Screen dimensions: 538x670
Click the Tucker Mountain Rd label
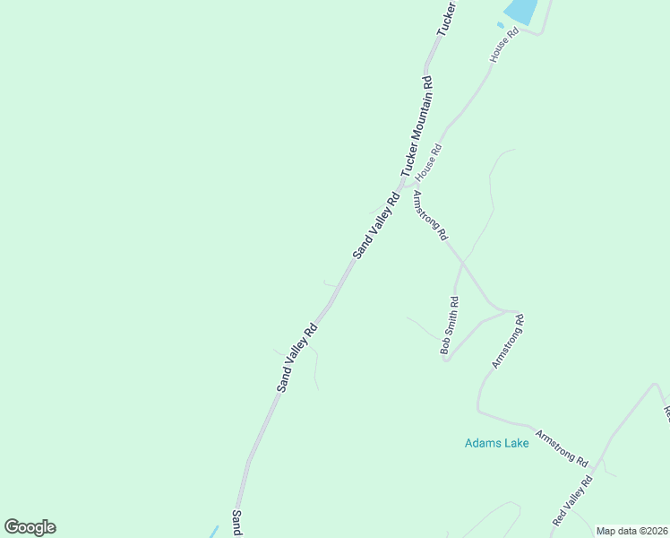coord(417,126)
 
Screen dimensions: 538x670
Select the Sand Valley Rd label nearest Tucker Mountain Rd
coord(376,226)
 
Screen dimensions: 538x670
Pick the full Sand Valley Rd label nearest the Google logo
coord(297,357)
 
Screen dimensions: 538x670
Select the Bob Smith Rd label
coord(450,325)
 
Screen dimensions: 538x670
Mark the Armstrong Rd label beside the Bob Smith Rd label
coord(507,341)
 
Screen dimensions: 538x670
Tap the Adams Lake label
coord(496,442)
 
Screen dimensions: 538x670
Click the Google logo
coord(30,527)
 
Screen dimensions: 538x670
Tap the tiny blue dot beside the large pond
coord(500,24)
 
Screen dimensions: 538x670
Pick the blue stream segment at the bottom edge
coord(213,531)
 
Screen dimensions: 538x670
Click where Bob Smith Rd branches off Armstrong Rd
coord(462,263)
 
